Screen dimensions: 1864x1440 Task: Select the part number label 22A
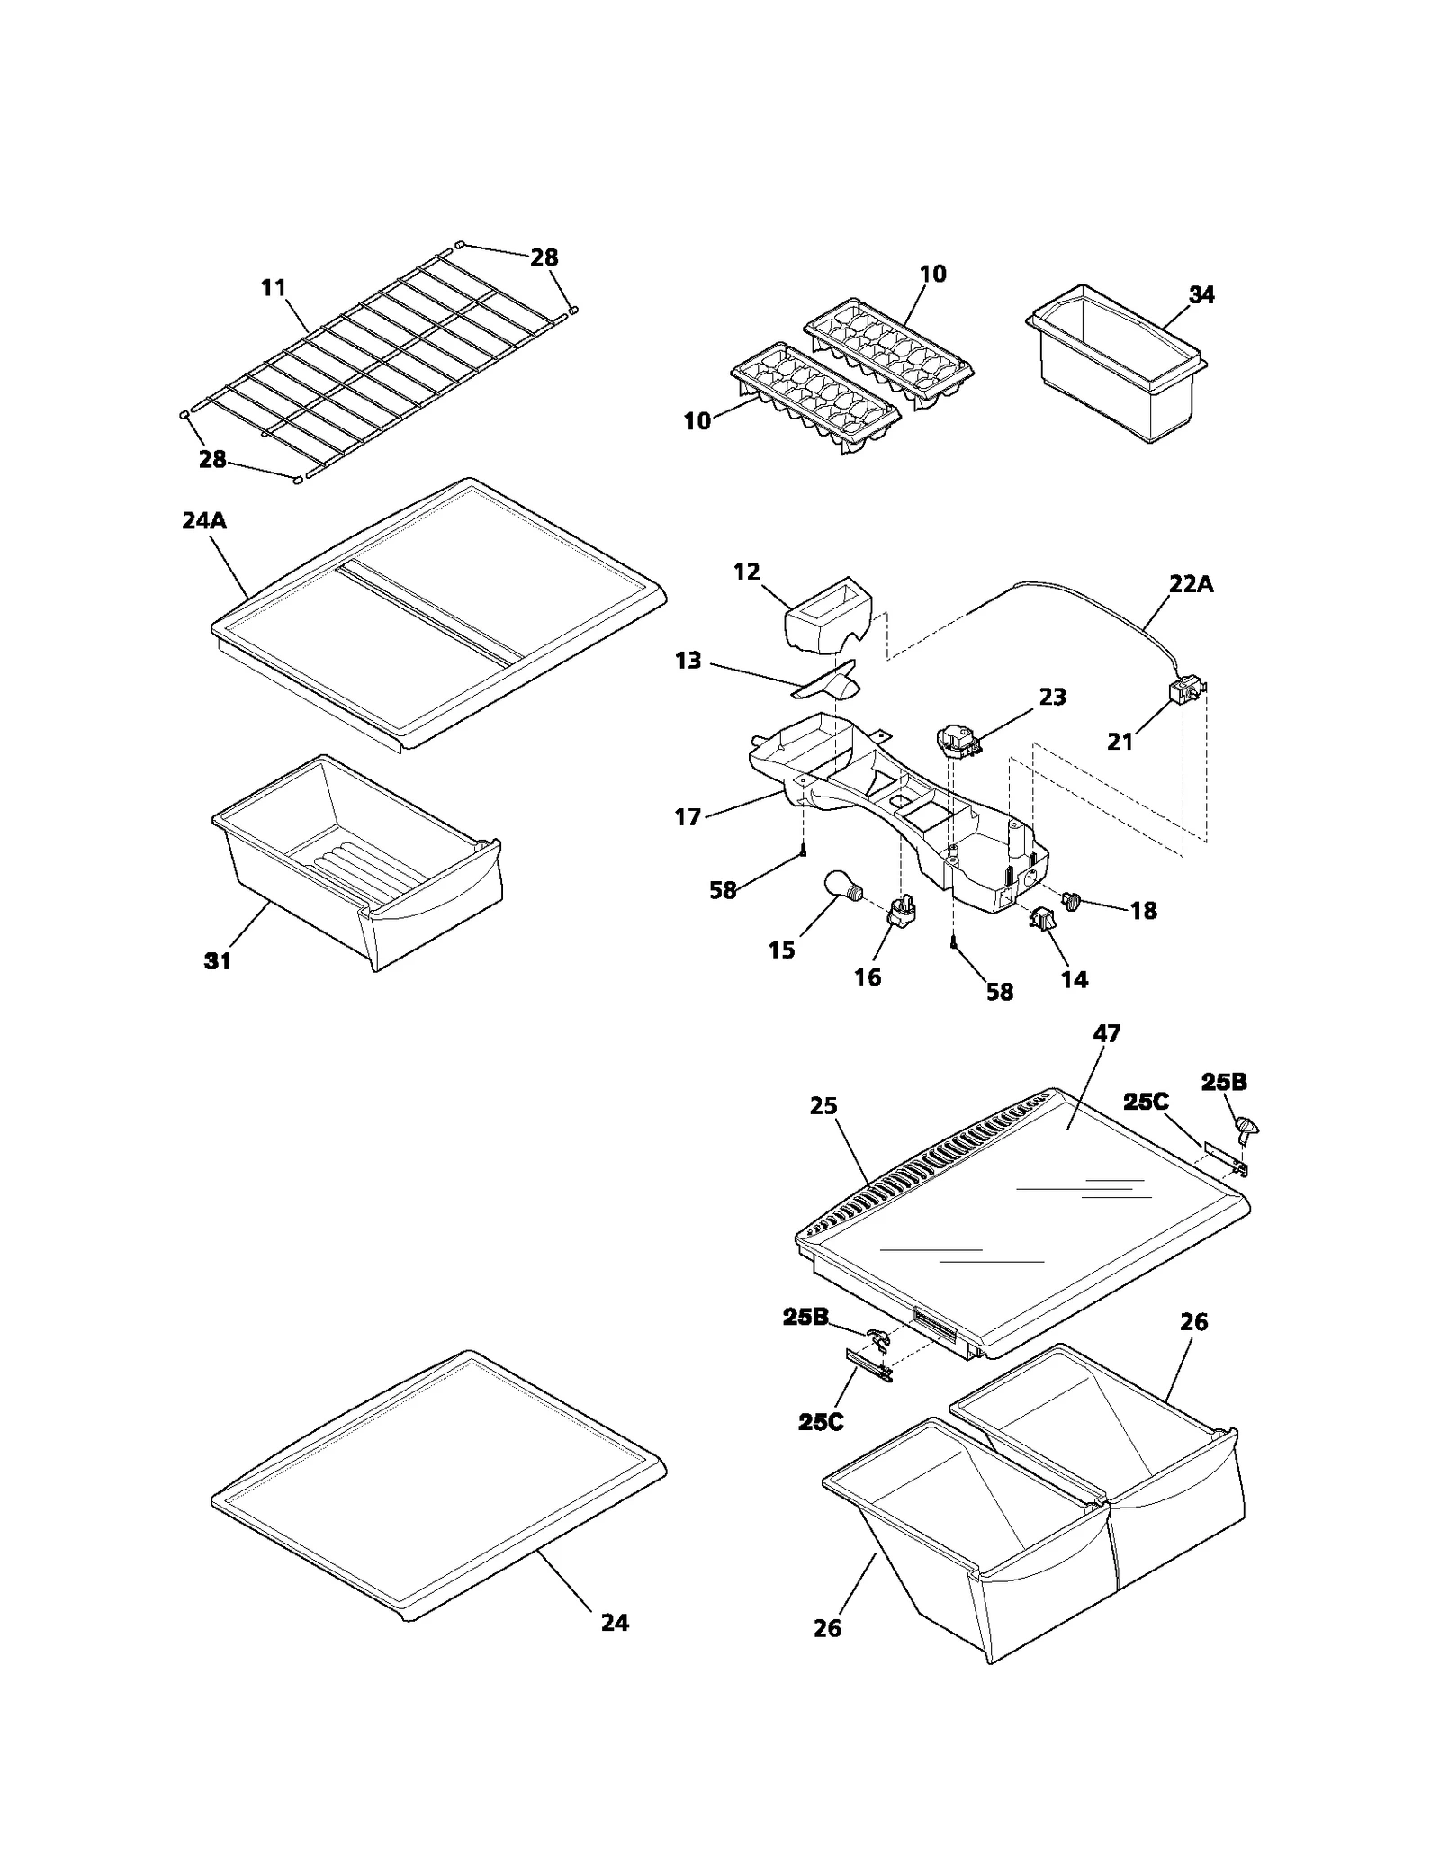tap(1191, 584)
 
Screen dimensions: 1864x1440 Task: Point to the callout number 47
tap(1106, 1034)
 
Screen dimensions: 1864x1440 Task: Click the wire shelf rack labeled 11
tap(378, 369)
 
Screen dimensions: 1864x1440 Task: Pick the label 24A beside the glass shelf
tap(204, 520)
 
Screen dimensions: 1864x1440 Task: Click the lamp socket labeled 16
tap(902, 912)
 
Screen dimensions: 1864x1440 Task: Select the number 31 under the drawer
tap(217, 961)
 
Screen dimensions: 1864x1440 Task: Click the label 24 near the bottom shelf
tap(615, 1623)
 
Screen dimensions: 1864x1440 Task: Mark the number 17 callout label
tap(688, 817)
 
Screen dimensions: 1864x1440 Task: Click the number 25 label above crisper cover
tap(823, 1106)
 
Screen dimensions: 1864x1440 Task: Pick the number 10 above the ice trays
tap(933, 274)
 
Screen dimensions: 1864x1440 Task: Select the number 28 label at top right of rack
tap(544, 258)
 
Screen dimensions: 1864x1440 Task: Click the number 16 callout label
tap(868, 977)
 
